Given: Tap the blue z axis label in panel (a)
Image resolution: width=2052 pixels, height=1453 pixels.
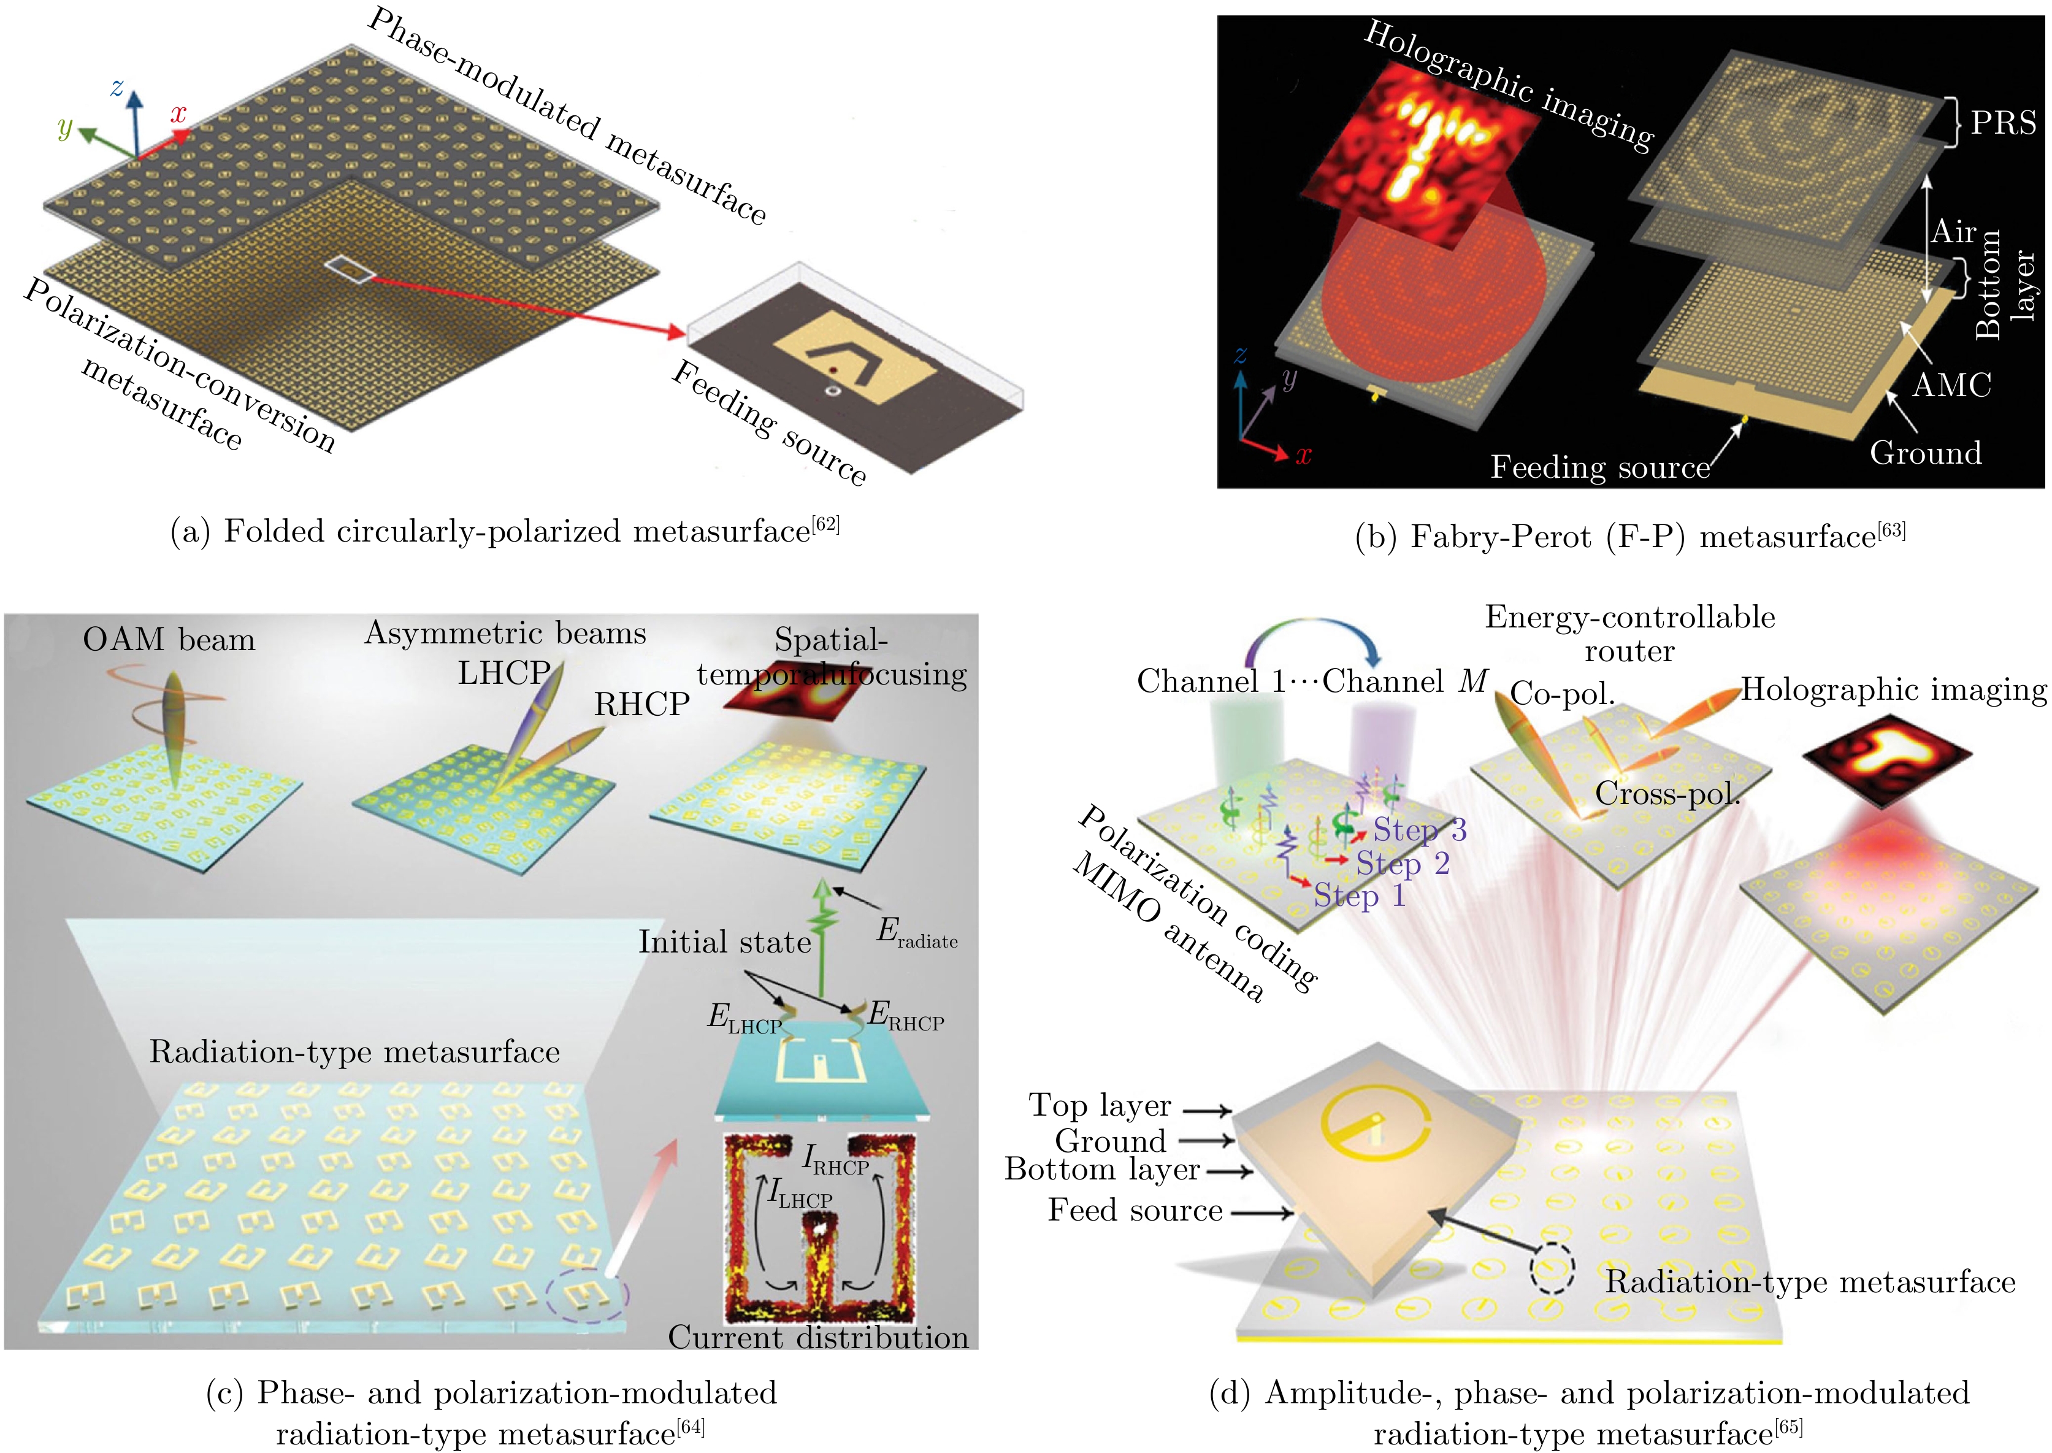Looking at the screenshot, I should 117,86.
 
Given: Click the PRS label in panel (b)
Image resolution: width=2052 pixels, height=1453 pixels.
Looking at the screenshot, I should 2003,123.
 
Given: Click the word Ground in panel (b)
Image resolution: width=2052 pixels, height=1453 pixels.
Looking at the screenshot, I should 1925,453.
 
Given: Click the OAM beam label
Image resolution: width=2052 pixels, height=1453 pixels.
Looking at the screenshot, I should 169,640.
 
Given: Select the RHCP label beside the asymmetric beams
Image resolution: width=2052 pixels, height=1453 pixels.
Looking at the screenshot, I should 641,705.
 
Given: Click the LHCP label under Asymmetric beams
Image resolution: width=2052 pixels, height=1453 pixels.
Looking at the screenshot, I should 503,673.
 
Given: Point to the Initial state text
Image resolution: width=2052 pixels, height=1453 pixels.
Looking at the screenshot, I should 724,942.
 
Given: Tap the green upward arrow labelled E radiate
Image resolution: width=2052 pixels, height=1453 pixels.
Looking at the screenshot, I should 821,930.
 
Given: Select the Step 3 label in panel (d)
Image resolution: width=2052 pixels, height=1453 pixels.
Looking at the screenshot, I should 1420,830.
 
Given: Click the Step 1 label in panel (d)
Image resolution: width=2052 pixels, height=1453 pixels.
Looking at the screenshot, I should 1360,895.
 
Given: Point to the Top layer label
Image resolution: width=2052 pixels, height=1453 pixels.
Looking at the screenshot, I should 1100,1105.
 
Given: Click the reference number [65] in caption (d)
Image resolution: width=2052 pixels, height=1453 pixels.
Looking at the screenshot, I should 1788,1424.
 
